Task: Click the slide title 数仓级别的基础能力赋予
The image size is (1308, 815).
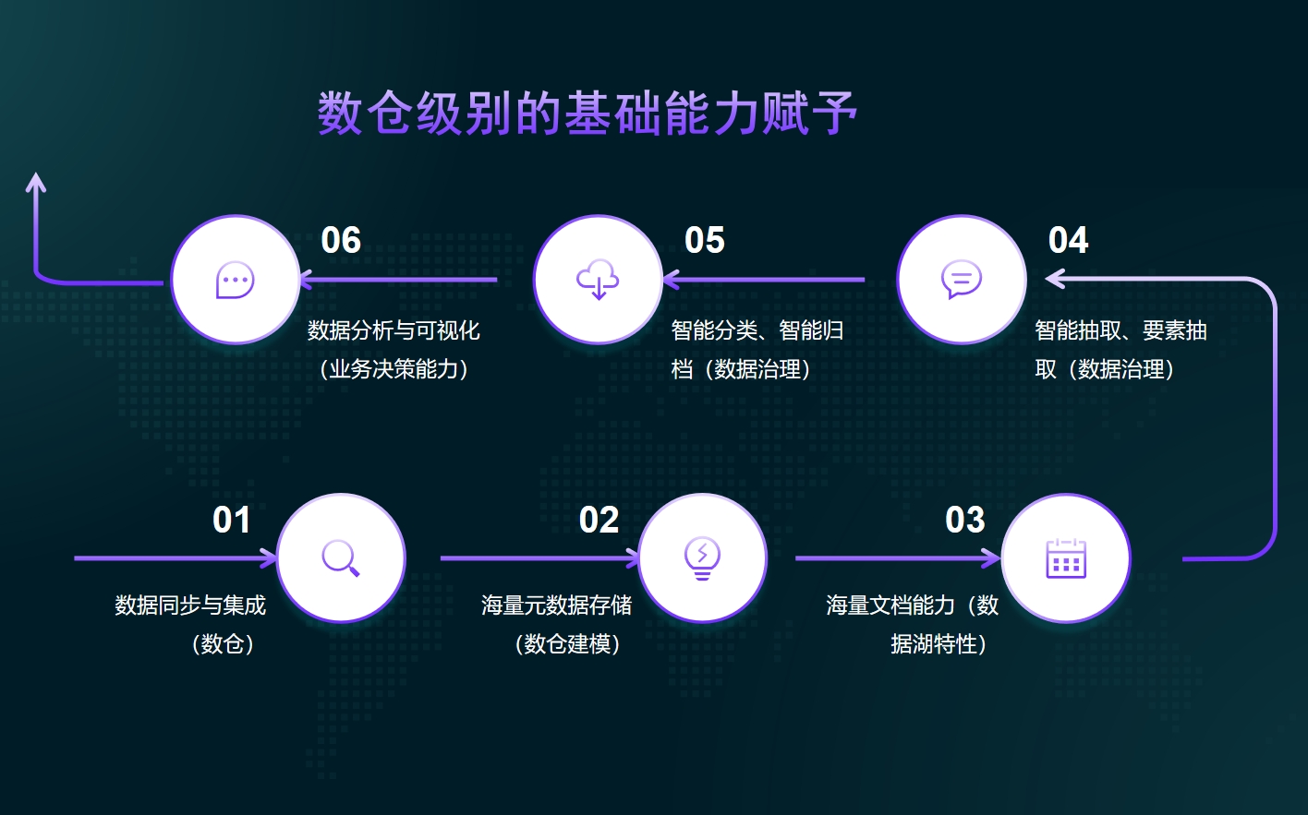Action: (587, 114)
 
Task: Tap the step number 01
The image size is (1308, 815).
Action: (232, 520)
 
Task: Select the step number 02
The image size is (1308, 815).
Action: (599, 520)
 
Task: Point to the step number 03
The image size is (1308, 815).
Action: (964, 520)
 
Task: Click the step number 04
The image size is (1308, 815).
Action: (1068, 240)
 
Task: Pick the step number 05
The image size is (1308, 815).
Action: (704, 240)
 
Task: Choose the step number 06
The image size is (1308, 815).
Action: (341, 240)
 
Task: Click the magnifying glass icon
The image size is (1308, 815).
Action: (341, 558)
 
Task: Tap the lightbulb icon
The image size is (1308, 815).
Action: (702, 558)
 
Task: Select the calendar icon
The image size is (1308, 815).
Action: (1066, 558)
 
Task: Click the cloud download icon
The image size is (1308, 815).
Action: (598, 280)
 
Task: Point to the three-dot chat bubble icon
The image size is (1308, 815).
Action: (236, 280)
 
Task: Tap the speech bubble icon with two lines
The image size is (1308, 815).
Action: (962, 279)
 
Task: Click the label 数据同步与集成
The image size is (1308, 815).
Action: (190, 605)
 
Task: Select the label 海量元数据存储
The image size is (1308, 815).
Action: (556, 605)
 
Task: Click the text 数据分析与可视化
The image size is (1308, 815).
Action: (394, 330)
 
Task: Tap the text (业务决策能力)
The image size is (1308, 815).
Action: (394, 369)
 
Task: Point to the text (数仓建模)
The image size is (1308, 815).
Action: (567, 644)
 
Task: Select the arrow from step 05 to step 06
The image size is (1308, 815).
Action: (399, 280)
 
